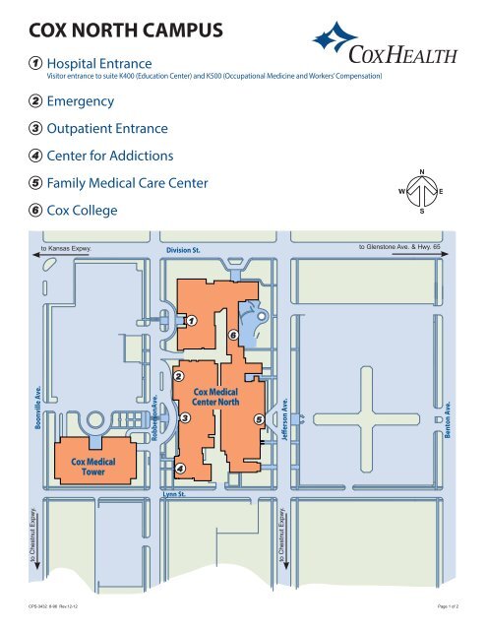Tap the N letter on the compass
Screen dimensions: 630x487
coord(422,170)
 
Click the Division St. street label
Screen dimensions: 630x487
coord(184,250)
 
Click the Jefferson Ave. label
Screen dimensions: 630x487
coord(284,420)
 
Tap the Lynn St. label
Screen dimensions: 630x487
coord(174,493)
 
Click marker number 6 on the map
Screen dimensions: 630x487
coord(232,338)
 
